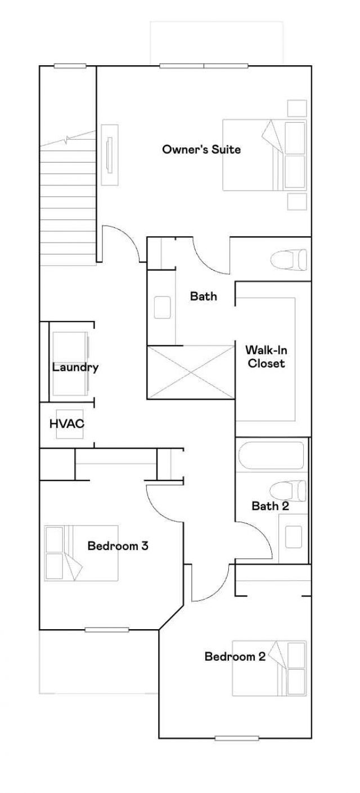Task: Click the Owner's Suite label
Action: coord(201,150)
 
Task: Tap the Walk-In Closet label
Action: coord(265,357)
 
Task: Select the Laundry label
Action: coord(75,368)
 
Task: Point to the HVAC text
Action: coord(67,424)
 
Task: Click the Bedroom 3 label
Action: coord(118,545)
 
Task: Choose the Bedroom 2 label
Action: coord(235,656)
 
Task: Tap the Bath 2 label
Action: coord(270,506)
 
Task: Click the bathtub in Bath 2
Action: coord(271,455)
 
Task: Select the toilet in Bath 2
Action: coord(289,490)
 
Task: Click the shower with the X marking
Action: coord(191,373)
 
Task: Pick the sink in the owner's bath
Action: coord(163,307)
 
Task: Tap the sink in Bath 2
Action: coord(294,537)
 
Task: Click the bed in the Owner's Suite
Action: coord(265,155)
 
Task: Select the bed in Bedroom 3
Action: coord(82,553)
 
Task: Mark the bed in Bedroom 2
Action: coord(269,669)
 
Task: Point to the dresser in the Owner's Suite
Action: coord(110,154)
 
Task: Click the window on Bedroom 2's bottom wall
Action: coord(237,738)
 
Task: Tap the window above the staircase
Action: coord(70,66)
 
